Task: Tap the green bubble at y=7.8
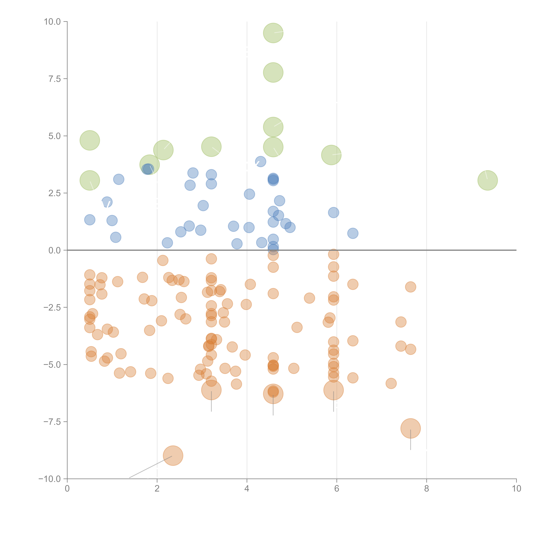[x=273, y=72]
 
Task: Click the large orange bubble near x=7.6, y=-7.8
[x=410, y=428]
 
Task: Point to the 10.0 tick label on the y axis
[x=52, y=22]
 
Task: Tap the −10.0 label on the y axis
[x=50, y=479]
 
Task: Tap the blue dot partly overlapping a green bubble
[x=147, y=169]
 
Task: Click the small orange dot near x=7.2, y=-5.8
[x=391, y=383]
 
